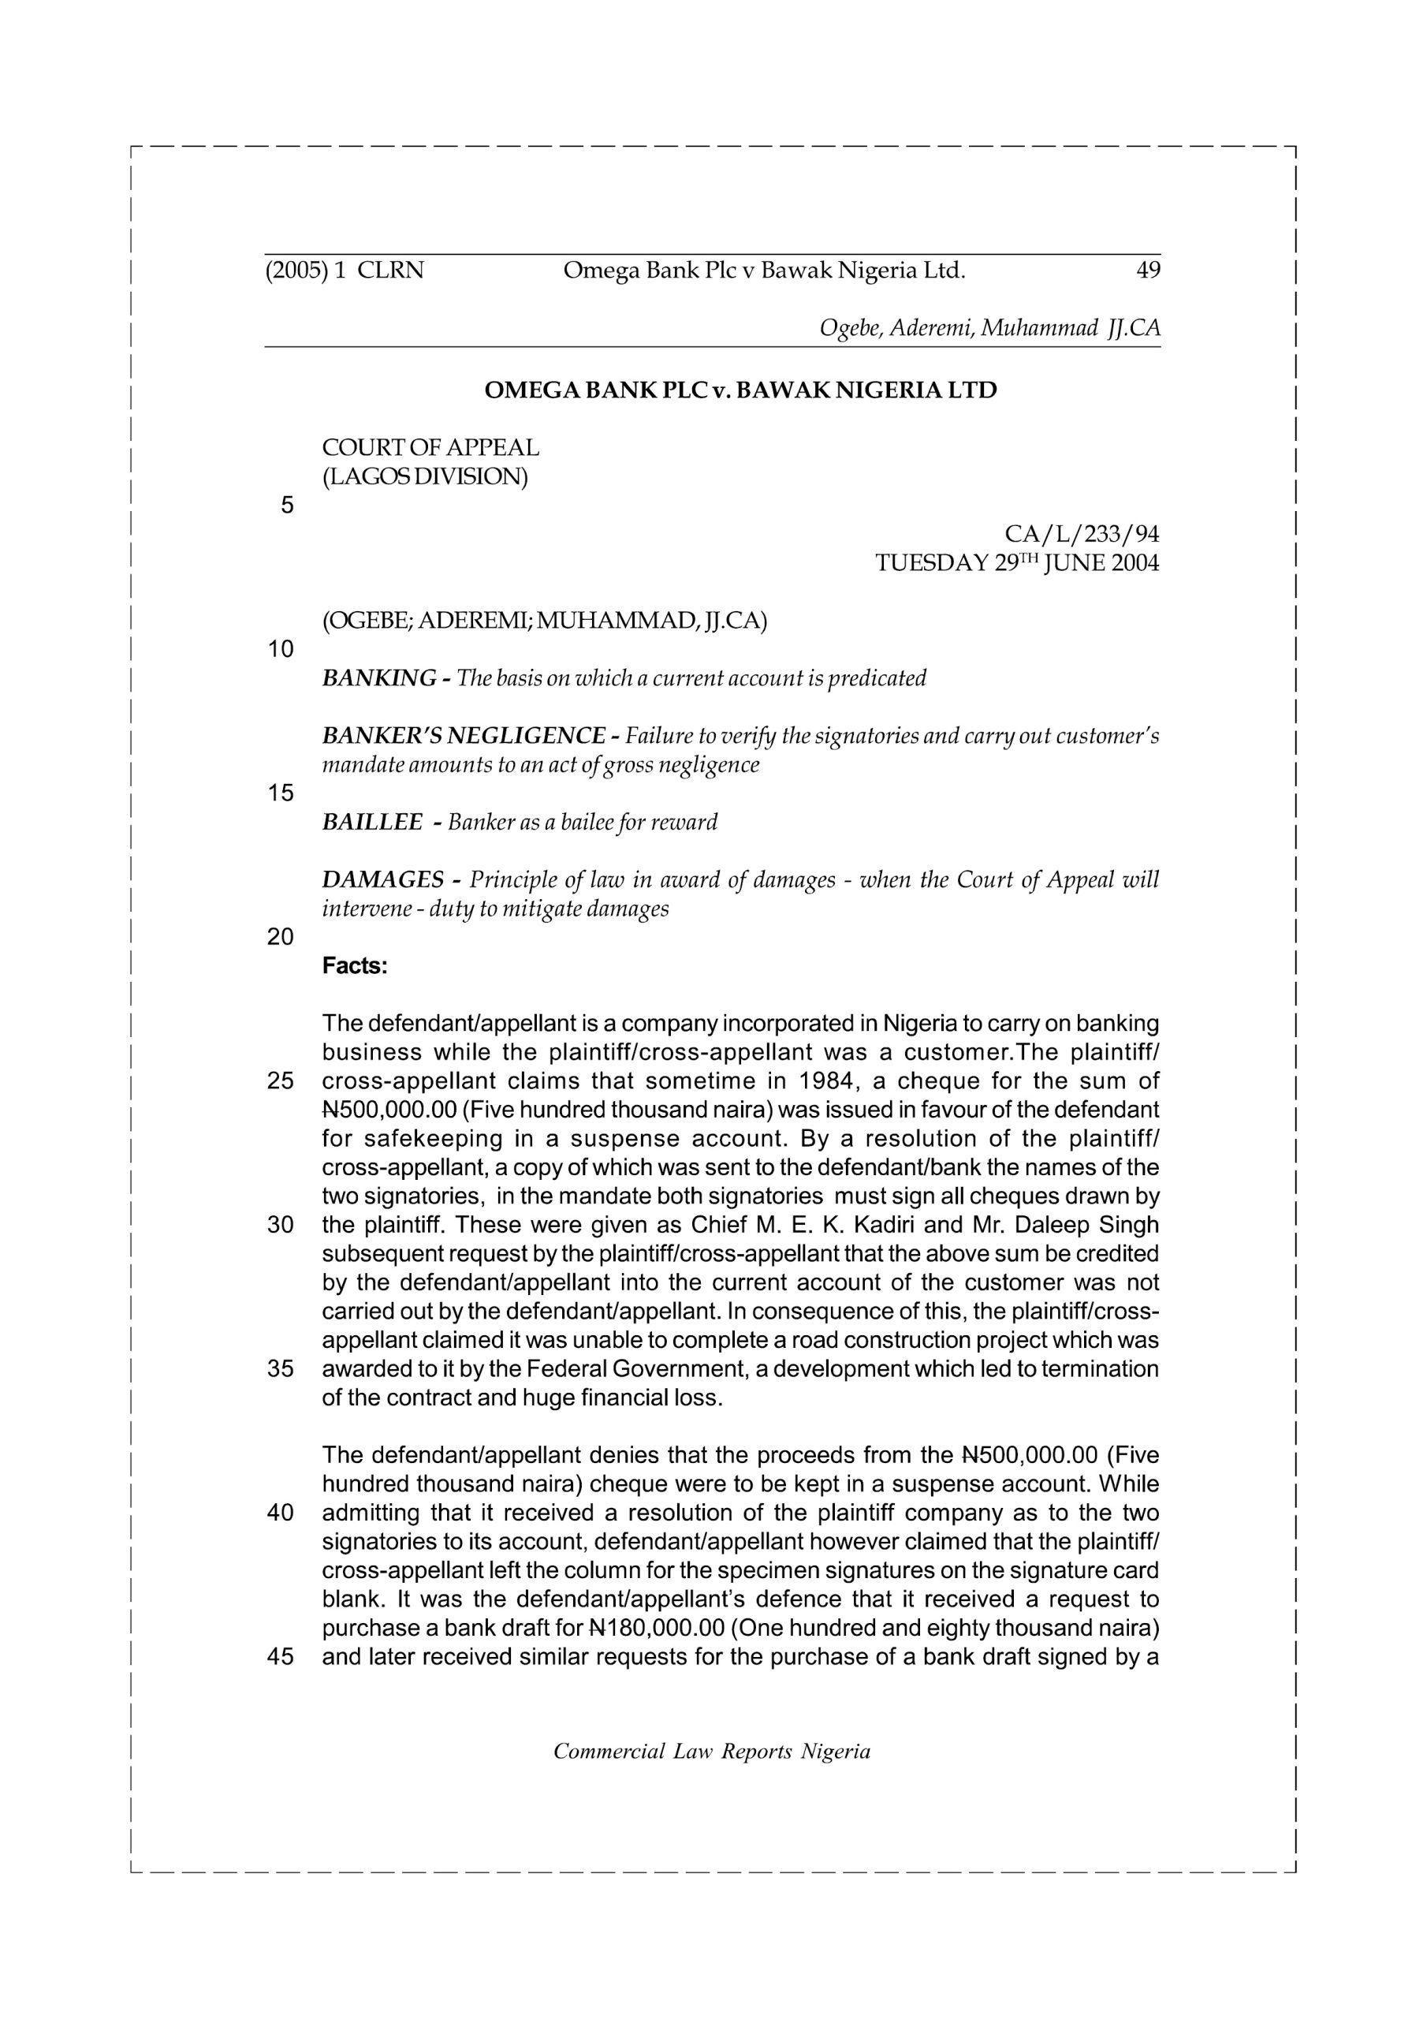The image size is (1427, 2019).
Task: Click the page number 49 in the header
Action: tap(1148, 270)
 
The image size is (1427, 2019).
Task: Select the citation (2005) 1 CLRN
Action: tap(345, 270)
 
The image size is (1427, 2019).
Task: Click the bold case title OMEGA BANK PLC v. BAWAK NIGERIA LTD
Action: tap(740, 390)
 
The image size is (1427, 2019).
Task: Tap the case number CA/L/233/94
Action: tap(1082, 534)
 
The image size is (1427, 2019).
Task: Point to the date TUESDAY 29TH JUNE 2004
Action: tap(1017, 563)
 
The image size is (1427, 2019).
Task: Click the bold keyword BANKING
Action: tap(380, 678)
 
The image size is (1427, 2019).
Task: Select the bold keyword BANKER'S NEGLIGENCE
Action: tap(464, 735)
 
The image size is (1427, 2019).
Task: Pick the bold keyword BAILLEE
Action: tap(373, 823)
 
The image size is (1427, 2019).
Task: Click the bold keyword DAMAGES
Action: tap(383, 879)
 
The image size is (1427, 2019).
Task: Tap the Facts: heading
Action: tap(354, 965)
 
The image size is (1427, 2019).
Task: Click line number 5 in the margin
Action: tap(287, 506)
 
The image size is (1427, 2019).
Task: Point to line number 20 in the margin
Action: tap(281, 938)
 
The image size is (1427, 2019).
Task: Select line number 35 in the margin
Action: tap(281, 1369)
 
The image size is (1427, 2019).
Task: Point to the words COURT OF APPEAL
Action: tap(430, 448)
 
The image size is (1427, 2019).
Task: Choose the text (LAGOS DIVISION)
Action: tap(426, 476)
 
